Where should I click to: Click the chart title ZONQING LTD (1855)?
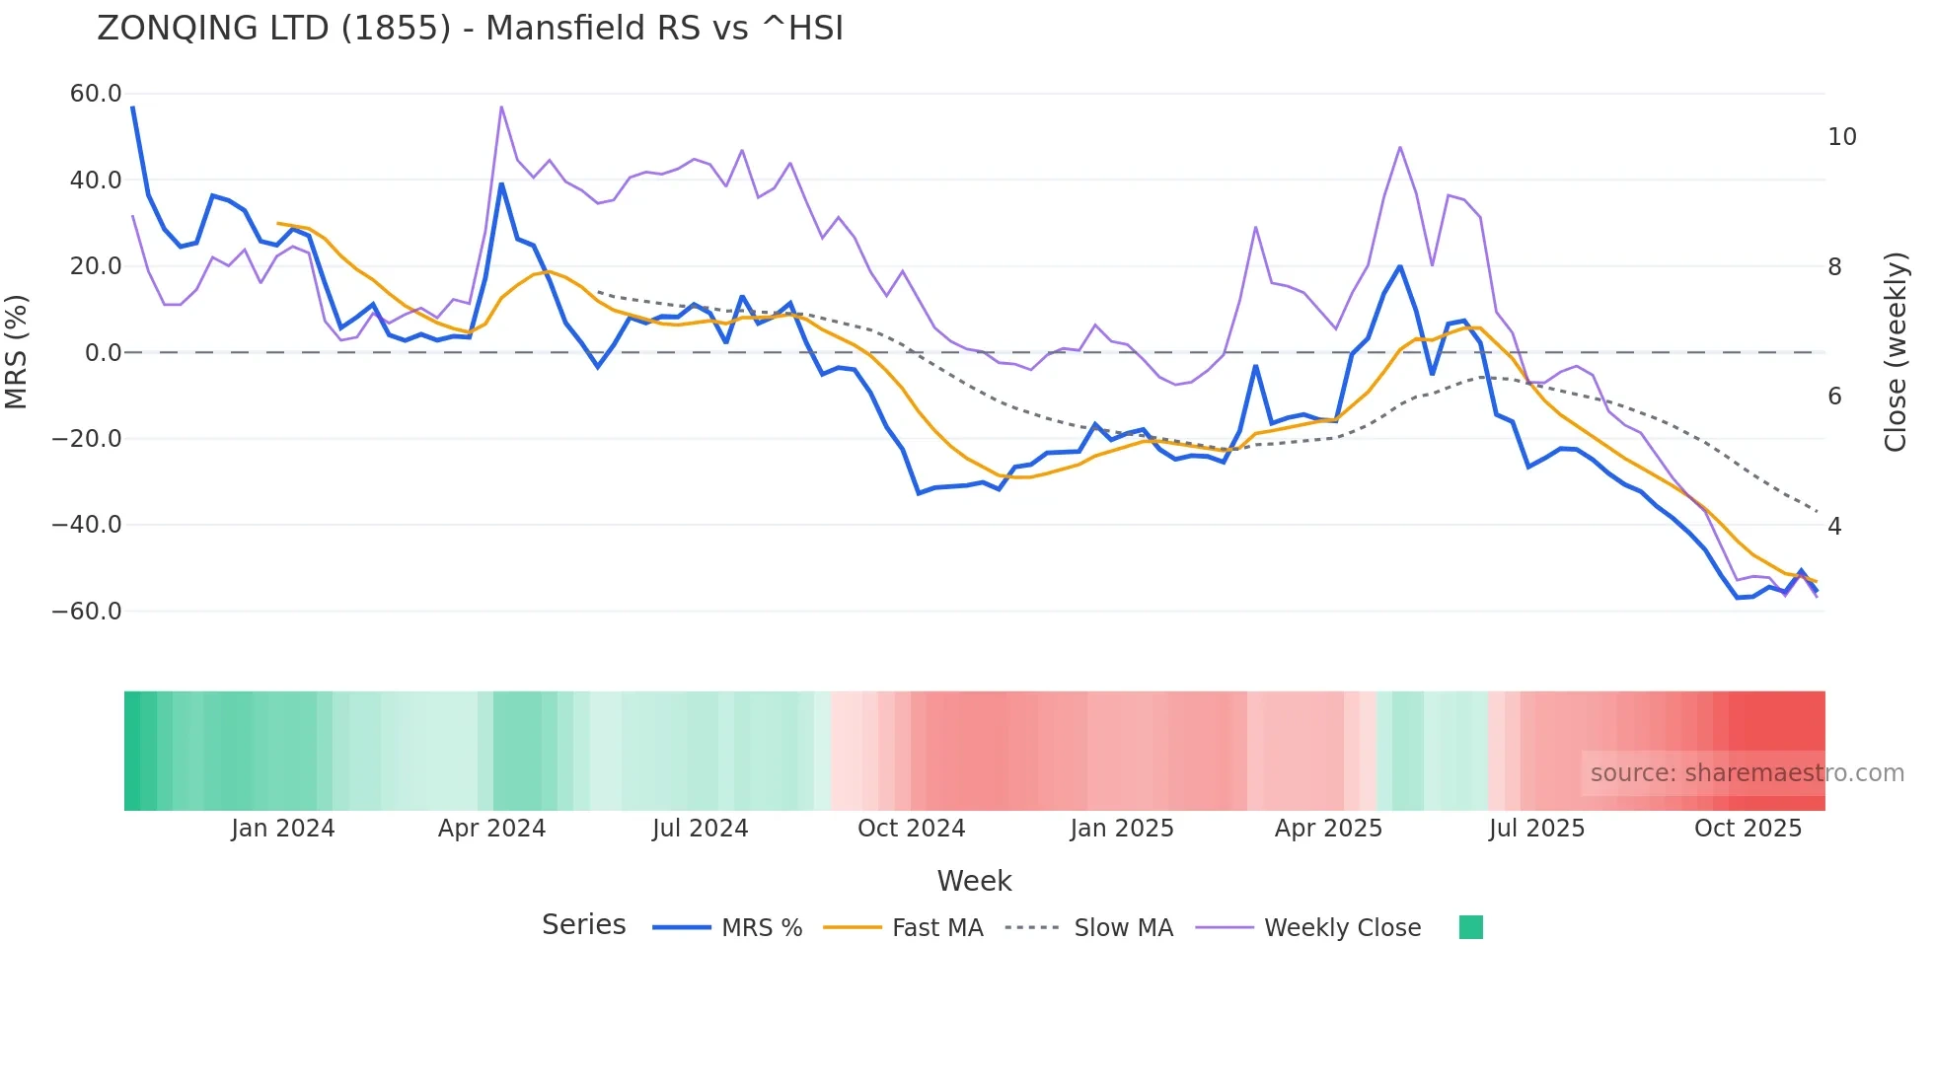click(x=470, y=29)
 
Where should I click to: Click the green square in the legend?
click(x=1470, y=927)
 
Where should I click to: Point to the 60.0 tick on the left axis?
click(x=96, y=94)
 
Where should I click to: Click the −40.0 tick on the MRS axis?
click(x=87, y=525)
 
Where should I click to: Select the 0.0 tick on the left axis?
click(x=103, y=352)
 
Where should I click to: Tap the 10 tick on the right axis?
click(x=1841, y=137)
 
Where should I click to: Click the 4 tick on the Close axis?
click(x=1834, y=527)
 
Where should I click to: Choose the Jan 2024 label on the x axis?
click(x=283, y=829)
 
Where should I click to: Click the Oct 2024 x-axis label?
click(x=911, y=829)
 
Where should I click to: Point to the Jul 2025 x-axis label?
click(x=1536, y=829)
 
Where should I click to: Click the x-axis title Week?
click(x=974, y=881)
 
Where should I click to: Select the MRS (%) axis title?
click(x=17, y=352)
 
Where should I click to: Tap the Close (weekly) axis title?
click(x=1895, y=352)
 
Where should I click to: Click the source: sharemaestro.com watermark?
click(x=1747, y=773)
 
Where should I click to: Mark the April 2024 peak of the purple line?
click(x=501, y=107)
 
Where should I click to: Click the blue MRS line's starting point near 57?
click(x=133, y=108)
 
